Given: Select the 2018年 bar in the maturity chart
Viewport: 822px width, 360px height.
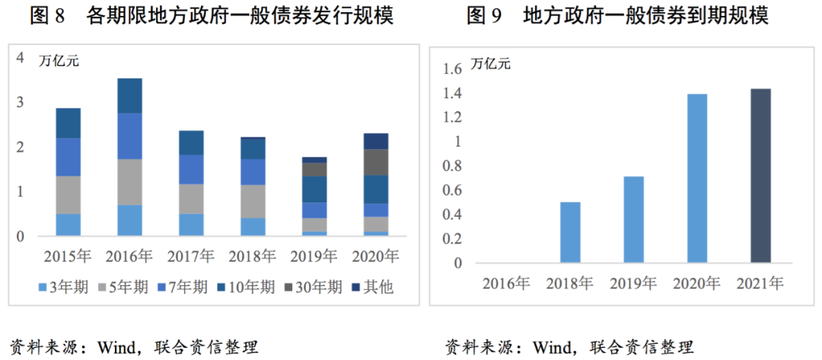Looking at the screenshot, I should (570, 232).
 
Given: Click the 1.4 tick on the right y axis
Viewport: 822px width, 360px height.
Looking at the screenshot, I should (452, 94).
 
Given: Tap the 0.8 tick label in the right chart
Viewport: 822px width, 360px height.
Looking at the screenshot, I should (452, 166).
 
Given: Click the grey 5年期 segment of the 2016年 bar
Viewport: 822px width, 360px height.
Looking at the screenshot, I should (129, 182).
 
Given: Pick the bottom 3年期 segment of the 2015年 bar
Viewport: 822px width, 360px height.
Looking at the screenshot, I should (68, 225).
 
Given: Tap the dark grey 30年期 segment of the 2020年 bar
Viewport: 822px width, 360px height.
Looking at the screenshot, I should (375, 162).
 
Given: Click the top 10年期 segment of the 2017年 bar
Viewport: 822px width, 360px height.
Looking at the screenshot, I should (190, 142).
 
